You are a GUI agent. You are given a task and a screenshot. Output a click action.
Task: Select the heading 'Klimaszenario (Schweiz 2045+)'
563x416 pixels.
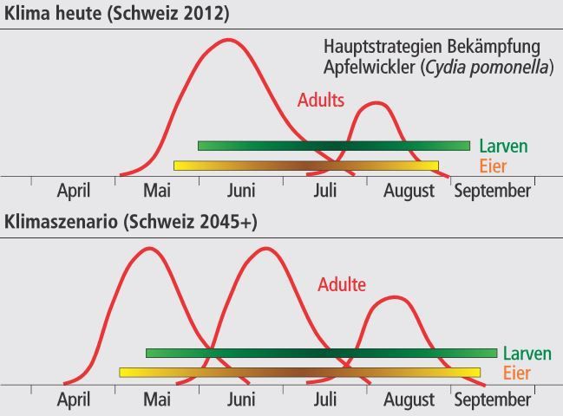[x=131, y=222]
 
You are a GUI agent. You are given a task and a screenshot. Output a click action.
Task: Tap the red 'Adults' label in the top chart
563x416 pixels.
[x=321, y=101]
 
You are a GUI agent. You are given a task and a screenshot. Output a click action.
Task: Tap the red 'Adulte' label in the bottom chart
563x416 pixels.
[x=342, y=284]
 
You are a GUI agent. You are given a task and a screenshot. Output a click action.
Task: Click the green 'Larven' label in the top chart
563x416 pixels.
[x=503, y=146]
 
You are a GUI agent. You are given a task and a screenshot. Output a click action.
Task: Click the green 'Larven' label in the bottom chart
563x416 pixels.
[x=527, y=354]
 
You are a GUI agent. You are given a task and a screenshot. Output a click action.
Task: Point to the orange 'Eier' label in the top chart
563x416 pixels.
[x=492, y=166]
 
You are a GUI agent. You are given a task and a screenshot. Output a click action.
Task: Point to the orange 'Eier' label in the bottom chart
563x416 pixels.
[x=516, y=373]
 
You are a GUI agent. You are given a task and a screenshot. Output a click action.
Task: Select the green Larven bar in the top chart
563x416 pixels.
[x=334, y=146]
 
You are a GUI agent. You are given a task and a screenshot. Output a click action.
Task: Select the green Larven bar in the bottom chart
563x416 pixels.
[x=321, y=353]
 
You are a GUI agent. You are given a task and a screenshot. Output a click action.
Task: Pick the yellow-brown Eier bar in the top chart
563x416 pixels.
[x=305, y=166]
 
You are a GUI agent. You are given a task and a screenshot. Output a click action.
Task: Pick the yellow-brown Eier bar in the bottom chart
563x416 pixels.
[x=299, y=373]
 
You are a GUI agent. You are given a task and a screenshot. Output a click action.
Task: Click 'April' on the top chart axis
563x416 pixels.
[x=74, y=191]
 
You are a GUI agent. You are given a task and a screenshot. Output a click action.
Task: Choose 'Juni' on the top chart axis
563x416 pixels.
[x=242, y=191]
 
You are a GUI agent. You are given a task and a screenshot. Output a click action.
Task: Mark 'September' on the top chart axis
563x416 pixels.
[x=492, y=191]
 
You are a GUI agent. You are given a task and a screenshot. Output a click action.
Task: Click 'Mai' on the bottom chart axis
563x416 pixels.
[x=157, y=400]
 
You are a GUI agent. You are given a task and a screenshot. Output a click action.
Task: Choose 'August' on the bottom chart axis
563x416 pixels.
[x=409, y=400]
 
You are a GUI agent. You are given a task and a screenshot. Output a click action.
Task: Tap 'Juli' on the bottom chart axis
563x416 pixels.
[x=325, y=400]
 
